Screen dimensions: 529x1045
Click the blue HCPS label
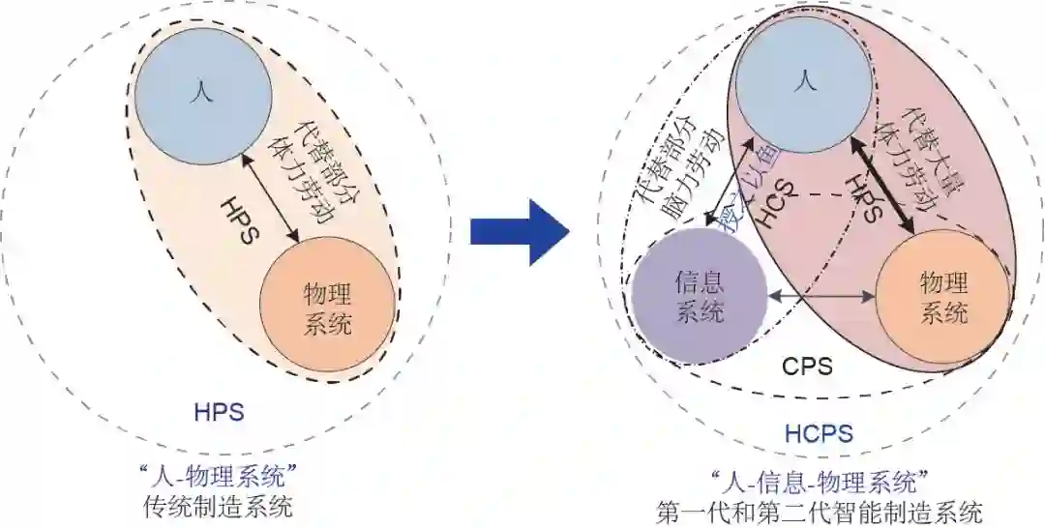coord(819,433)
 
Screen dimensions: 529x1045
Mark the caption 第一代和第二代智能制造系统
coord(820,510)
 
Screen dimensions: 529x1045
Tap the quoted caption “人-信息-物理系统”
coord(820,480)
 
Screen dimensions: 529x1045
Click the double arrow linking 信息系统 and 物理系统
coord(821,296)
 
